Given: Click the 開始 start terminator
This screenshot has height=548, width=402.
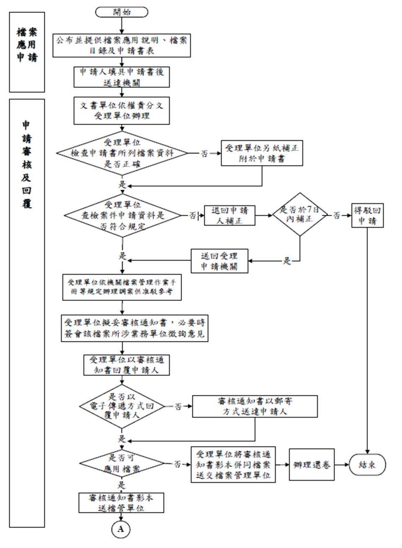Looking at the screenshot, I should pyautogui.click(x=121, y=12).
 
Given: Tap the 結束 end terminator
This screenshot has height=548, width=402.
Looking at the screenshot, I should pyautogui.click(x=367, y=464).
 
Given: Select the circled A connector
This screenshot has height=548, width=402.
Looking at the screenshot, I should pyautogui.click(x=121, y=529).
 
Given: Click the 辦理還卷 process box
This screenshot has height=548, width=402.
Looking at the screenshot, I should pyautogui.click(x=312, y=464).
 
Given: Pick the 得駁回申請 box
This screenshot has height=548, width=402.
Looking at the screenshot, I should pyautogui.click(x=367, y=215).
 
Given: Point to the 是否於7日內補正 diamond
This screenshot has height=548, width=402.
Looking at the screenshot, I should pyautogui.click(x=300, y=214).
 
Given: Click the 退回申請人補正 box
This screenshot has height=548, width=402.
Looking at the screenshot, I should pyautogui.click(x=230, y=215).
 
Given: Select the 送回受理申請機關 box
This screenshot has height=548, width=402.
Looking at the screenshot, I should pyautogui.click(x=219, y=261).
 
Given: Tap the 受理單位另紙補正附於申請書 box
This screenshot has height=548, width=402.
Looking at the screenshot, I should pyautogui.click(x=262, y=153).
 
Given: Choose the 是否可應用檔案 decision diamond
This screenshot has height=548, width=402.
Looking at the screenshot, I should pyautogui.click(x=122, y=464).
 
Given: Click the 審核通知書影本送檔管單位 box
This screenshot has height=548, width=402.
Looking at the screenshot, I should pyautogui.click(x=121, y=503).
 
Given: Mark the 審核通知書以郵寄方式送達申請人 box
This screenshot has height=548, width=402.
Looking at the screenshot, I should pyautogui.click(x=255, y=406).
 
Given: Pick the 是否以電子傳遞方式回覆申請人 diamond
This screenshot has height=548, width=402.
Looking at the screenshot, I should pyautogui.click(x=122, y=406).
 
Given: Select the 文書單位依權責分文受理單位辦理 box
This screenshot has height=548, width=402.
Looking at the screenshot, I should pyautogui.click(x=122, y=111).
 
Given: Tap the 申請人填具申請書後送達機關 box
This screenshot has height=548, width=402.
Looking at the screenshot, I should pyautogui.click(x=122, y=77).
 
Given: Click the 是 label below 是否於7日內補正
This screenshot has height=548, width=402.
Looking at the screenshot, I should pyautogui.click(x=287, y=261).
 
